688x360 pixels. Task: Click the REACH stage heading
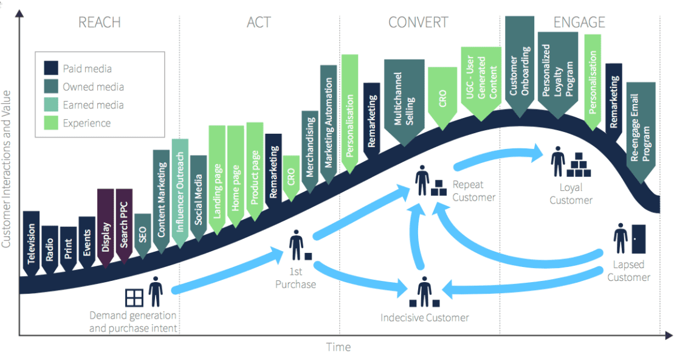click(x=100, y=22)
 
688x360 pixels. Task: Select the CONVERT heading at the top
click(x=419, y=22)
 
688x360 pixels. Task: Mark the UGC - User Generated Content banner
click(x=480, y=82)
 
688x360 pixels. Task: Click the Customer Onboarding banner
click(x=520, y=64)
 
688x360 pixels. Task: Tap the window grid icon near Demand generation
click(x=134, y=297)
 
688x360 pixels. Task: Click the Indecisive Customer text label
click(x=425, y=317)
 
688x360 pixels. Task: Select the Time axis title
click(x=339, y=347)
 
